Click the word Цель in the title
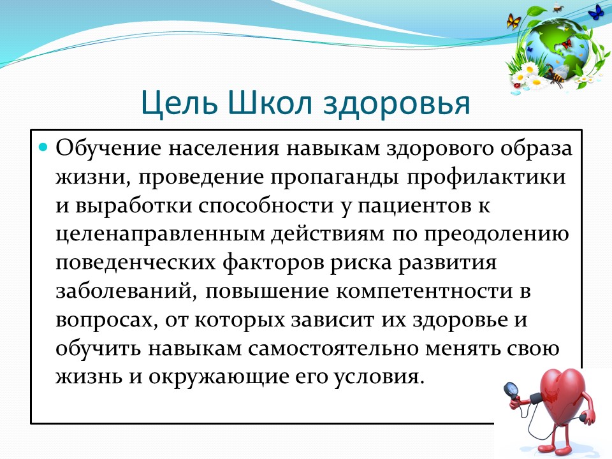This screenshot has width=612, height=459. pos(179,102)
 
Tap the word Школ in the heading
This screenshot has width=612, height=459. pos(269,102)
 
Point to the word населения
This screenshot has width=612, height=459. pos(224,149)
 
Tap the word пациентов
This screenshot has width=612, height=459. pos(414,207)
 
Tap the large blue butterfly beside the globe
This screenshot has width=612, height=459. pos(595,13)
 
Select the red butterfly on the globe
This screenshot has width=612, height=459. pos(566,44)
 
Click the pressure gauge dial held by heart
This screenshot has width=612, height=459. pos(510,390)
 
